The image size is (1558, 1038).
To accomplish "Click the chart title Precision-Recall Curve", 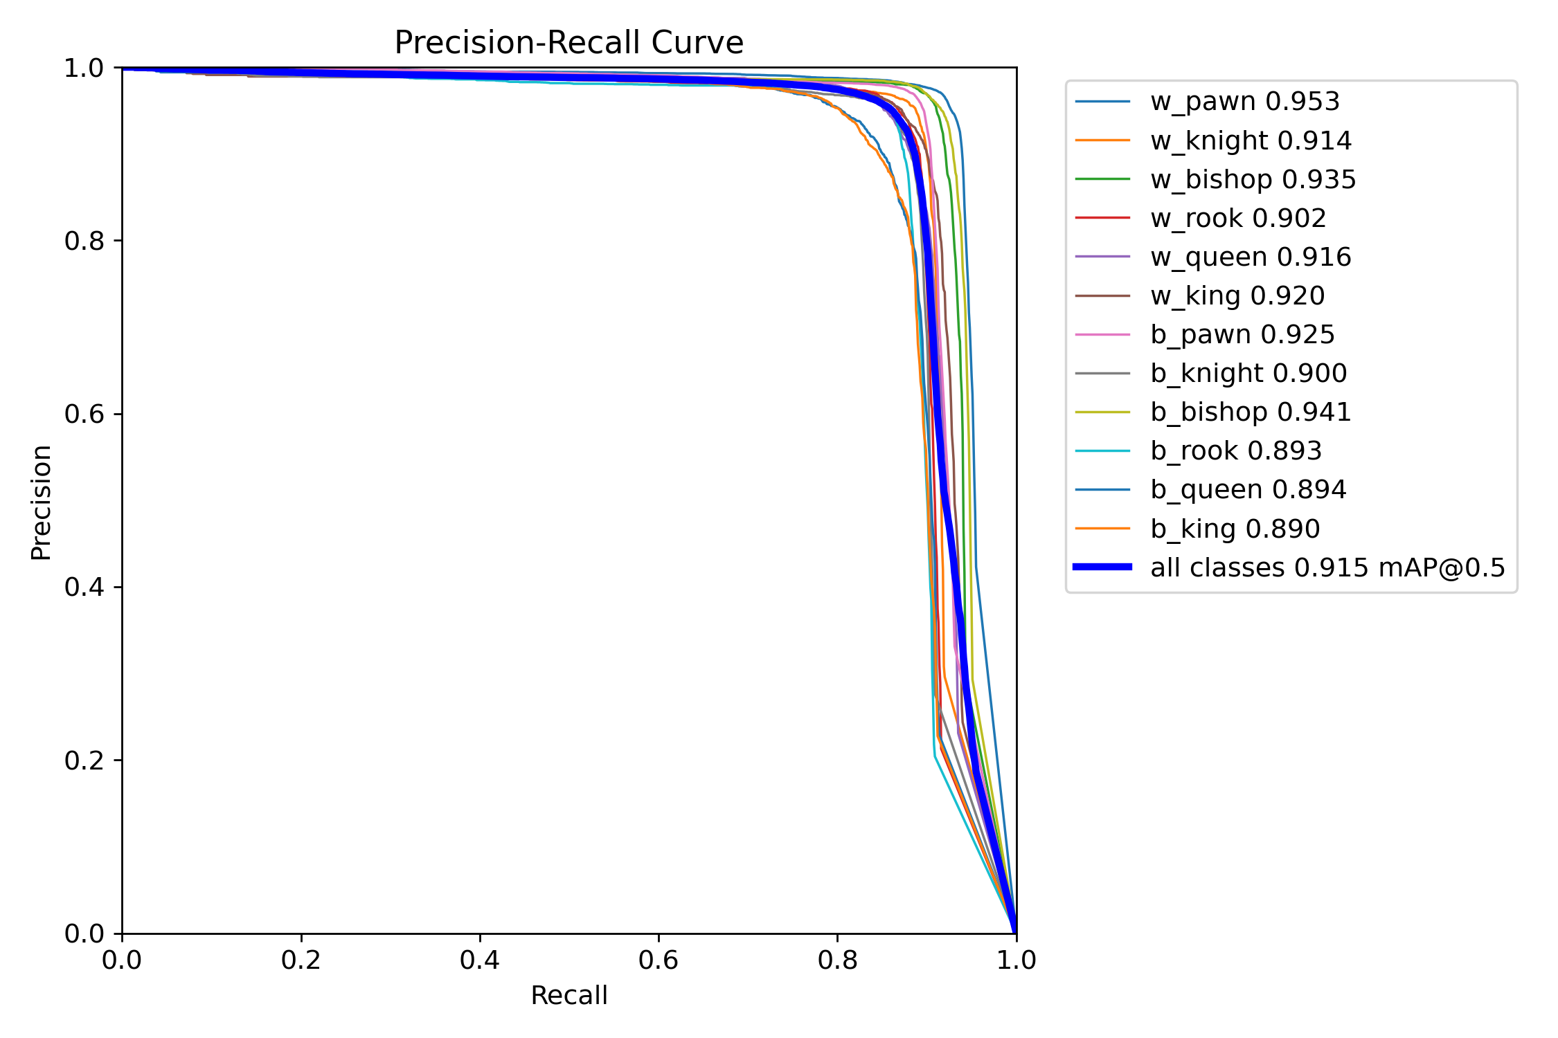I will [568, 42].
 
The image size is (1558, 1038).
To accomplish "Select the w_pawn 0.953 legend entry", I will [1244, 102].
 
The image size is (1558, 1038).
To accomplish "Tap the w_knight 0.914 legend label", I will [1251, 140].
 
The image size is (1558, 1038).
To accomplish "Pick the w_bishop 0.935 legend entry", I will [1253, 179].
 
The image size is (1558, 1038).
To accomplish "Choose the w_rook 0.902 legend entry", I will [1238, 218].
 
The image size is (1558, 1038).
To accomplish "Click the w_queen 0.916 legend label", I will [1251, 257].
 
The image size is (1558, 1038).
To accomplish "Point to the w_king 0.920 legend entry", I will [1237, 295].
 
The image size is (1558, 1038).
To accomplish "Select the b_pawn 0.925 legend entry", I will [1242, 334].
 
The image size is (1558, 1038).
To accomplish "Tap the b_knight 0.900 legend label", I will [1248, 373].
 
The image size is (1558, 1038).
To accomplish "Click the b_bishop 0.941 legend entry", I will [1251, 412].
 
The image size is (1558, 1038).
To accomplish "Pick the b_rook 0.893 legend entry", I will [1236, 450].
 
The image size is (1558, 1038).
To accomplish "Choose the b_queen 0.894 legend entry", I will [1248, 489].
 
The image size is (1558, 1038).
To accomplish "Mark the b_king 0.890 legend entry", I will [1235, 529].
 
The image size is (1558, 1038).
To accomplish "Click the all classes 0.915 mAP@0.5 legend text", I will [1327, 567].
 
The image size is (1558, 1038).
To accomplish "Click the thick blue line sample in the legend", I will [1102, 567].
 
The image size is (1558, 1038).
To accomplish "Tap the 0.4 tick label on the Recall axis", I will [479, 960].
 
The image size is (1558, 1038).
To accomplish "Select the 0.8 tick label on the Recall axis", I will [837, 960].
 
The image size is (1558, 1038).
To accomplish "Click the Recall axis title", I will [568, 995].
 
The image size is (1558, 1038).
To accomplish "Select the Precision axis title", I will [41, 502].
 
